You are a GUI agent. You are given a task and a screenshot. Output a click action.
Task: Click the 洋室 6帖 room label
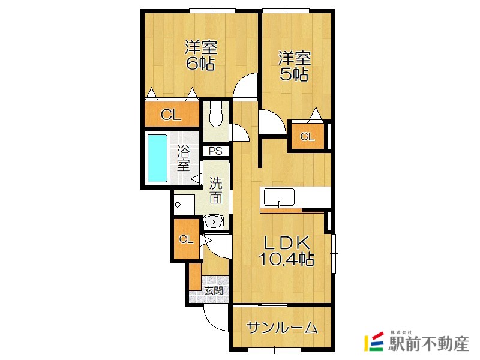click(x=200, y=55)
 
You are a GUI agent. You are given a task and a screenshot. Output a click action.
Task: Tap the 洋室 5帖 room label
click(x=294, y=66)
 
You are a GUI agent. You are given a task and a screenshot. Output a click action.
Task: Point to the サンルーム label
click(x=281, y=328)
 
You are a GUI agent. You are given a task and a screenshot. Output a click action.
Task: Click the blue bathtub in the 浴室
click(x=158, y=158)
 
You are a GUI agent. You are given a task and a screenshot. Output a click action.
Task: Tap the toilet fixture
click(x=216, y=113)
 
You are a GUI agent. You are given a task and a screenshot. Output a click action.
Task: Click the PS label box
click(x=215, y=151)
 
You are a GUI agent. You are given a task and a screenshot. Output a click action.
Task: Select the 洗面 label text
click(x=217, y=190)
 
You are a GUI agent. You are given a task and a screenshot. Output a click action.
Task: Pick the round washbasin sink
click(x=214, y=221)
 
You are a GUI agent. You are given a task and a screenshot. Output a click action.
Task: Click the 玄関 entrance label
click(x=213, y=291)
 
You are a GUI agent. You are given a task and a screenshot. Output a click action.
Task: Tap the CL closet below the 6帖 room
click(x=171, y=114)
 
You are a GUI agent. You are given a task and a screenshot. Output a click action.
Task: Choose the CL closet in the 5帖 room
click(x=307, y=136)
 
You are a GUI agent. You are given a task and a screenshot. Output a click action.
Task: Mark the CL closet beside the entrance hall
click(x=186, y=239)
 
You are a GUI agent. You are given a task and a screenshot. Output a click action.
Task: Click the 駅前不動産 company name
click(x=428, y=344)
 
